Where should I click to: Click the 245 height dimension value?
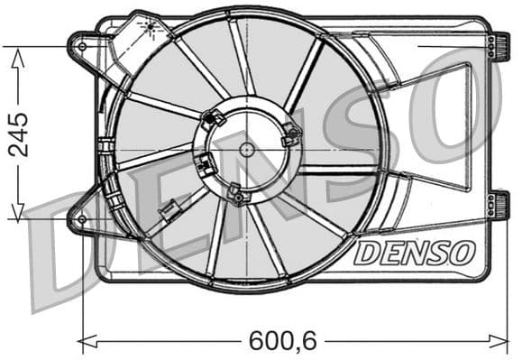click(18, 134)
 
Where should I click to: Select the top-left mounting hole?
click(83, 45)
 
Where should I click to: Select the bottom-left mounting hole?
click(82, 218)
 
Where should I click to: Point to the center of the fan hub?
click(246, 149)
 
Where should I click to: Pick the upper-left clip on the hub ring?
click(215, 117)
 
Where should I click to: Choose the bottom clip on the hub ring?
click(237, 194)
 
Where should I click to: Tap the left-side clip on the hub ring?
click(206, 165)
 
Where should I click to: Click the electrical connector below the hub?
click(167, 215)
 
